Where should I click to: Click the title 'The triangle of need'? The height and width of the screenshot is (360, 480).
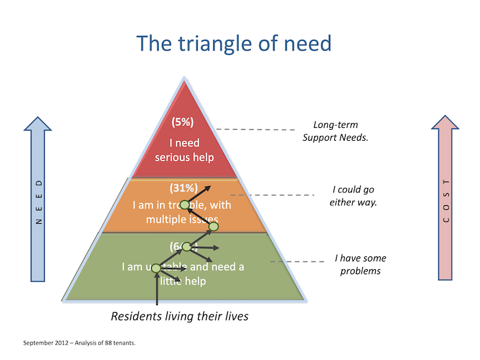(x=234, y=43)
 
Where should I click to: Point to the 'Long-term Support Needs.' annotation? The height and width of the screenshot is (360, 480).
(x=335, y=131)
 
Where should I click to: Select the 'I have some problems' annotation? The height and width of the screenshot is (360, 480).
(x=360, y=265)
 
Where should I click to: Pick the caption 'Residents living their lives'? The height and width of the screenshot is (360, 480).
(x=179, y=316)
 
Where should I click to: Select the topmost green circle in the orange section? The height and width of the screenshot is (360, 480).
(x=184, y=205)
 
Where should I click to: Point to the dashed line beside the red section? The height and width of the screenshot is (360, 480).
(x=253, y=129)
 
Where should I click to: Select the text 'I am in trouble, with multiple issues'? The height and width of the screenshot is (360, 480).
(x=183, y=212)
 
